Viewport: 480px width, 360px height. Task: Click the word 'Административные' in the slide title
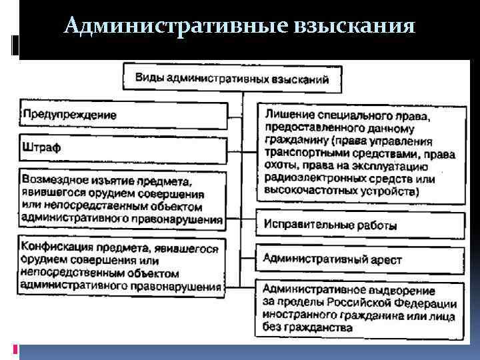coord(174,26)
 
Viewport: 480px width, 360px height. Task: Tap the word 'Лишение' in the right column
coord(288,116)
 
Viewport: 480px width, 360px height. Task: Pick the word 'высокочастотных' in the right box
coord(308,191)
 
